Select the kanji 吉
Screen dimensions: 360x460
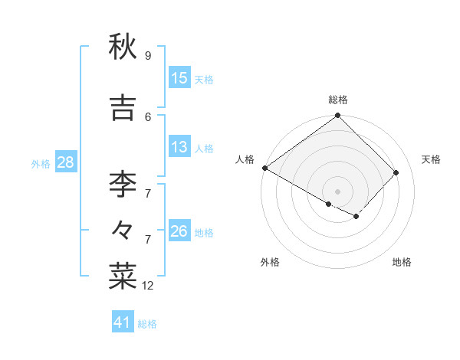tap(123, 109)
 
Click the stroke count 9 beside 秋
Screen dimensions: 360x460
tap(147, 56)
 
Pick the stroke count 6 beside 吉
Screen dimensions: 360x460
tap(148, 116)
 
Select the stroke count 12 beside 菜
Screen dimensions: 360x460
tap(148, 286)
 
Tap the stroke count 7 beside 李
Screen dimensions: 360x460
tap(148, 193)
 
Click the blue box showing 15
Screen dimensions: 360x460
tap(179, 78)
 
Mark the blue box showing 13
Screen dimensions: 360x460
tap(179, 147)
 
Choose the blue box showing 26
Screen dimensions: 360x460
tap(179, 231)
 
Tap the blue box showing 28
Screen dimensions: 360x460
tap(64, 162)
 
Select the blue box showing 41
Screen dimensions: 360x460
tap(123, 322)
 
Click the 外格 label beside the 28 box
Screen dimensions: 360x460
tap(41, 163)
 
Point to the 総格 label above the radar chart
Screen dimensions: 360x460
tap(337, 100)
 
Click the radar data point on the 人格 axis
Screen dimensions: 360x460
tap(264, 168)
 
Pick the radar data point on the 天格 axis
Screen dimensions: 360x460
tap(396, 172)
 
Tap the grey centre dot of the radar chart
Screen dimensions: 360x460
tap(337, 191)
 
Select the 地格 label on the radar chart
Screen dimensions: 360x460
tap(402, 262)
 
